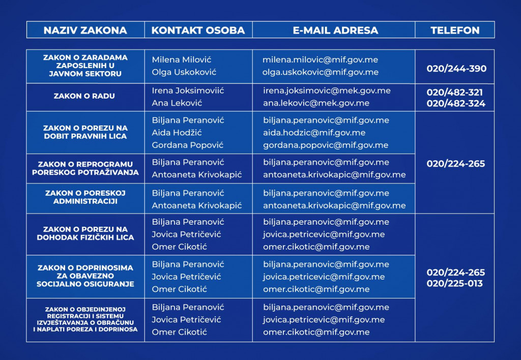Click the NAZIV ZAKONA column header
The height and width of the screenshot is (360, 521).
[x=85, y=30]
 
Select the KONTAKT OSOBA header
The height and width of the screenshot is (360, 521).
[x=198, y=30]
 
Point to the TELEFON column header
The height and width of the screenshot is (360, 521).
[x=455, y=30]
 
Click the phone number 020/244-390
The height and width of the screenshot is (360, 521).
[x=456, y=69]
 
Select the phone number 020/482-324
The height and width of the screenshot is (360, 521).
[x=456, y=104]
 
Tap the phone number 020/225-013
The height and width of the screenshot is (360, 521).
[x=455, y=284]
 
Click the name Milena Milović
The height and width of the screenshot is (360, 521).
[x=182, y=60]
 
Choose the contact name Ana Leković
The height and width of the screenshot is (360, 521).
[x=177, y=103]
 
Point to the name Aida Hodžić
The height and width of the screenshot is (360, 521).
[x=177, y=133]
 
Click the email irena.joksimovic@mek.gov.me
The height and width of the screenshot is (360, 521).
[x=327, y=91]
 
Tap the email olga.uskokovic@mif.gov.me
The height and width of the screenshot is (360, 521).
[x=321, y=72]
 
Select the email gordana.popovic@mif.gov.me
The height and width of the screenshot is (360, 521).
[x=326, y=145]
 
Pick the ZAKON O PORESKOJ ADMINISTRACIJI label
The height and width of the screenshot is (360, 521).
[x=85, y=197]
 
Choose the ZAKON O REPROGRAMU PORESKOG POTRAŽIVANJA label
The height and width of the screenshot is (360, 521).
[x=85, y=168]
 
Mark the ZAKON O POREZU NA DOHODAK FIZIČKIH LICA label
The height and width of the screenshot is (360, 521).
[x=85, y=233]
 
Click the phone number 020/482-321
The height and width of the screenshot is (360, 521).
[x=455, y=93]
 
